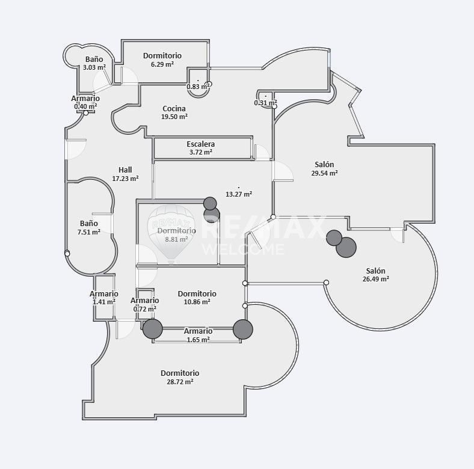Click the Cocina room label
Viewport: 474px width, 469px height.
tap(174, 108)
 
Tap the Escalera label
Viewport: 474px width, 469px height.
tap(201, 144)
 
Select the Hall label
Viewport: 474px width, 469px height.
tap(125, 170)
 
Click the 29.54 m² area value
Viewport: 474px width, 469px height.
tap(324, 173)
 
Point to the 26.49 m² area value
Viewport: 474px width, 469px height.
tap(376, 279)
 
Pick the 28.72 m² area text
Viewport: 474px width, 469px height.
tap(180, 382)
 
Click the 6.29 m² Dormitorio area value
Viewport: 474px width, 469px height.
tap(162, 64)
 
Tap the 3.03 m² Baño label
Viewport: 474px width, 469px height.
tap(94, 60)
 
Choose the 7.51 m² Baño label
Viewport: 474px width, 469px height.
tap(89, 223)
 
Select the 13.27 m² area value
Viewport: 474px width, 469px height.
tap(239, 194)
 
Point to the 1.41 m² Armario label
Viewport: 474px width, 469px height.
tap(104, 294)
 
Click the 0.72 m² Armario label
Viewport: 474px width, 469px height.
tap(145, 301)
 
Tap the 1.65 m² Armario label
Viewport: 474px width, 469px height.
tap(199, 331)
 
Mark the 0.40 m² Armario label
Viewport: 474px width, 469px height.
tap(85, 99)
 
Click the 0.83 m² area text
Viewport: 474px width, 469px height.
tap(198, 87)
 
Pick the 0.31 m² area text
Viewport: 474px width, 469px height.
tap(265, 103)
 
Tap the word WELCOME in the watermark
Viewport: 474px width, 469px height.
tap(243, 250)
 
